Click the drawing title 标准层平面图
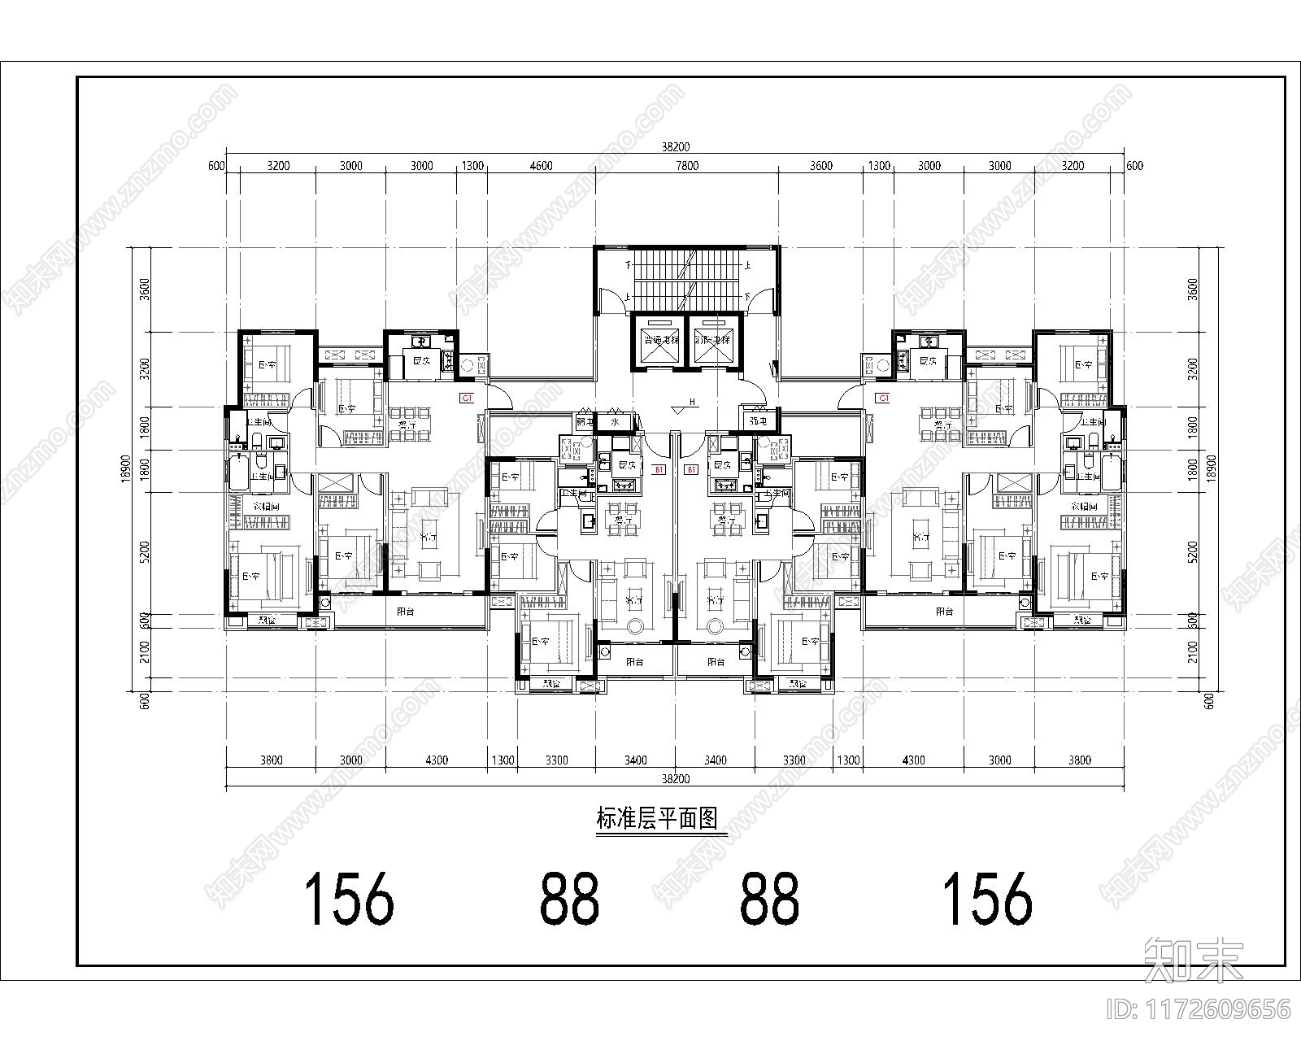coord(659,819)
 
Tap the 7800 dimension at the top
coord(687,166)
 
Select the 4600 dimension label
coord(541,166)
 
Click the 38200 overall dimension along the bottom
coord(675,778)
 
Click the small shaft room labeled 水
coord(615,422)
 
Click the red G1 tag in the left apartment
coord(467,399)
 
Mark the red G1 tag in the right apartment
coord(882,399)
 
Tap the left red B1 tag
coord(659,469)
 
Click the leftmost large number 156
coord(349,899)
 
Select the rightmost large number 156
coord(986,899)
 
